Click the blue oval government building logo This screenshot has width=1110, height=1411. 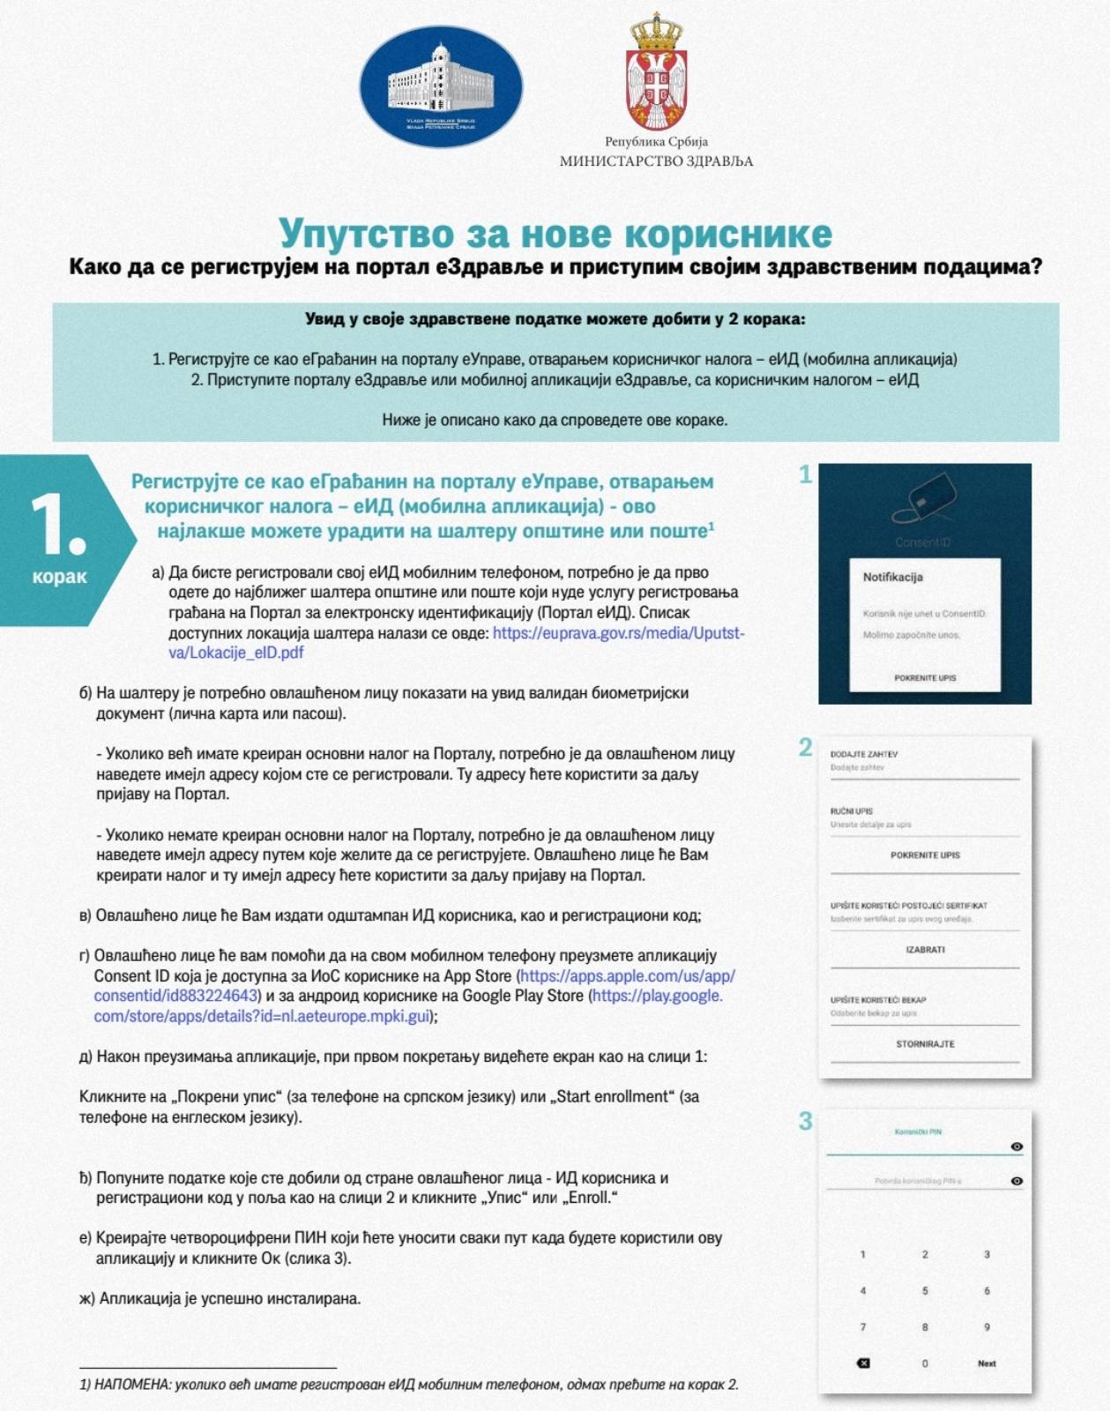click(441, 87)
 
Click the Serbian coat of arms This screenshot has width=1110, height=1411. click(656, 72)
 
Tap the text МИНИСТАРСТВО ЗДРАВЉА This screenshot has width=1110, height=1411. click(656, 161)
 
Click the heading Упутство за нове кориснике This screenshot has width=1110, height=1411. click(555, 234)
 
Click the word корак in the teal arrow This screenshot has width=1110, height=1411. click(60, 577)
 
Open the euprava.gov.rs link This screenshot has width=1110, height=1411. click(618, 633)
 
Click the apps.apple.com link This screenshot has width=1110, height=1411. click(627, 976)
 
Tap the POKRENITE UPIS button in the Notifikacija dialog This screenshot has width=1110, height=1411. click(925, 678)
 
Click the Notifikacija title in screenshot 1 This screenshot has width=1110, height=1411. click(892, 577)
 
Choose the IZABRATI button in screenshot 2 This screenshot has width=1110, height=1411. click(925, 950)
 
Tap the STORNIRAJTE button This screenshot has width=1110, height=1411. click(925, 1044)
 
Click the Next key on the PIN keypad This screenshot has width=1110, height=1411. click(987, 1363)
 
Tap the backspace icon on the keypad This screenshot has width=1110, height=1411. click(863, 1363)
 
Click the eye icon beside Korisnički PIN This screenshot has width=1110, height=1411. click(1017, 1146)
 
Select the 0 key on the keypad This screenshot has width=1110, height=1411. click(925, 1363)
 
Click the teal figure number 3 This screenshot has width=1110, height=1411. click(805, 1122)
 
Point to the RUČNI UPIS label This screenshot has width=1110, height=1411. click(851, 811)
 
